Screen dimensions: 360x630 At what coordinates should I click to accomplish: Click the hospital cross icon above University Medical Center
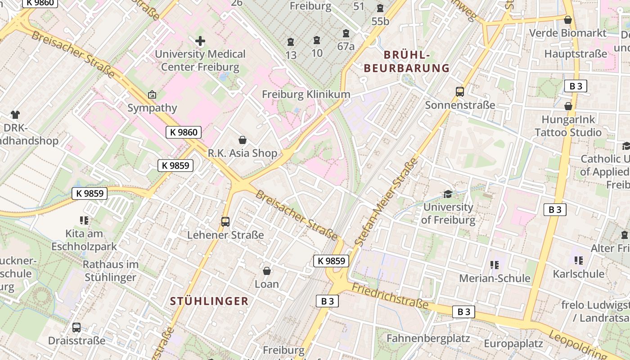(x=200, y=41)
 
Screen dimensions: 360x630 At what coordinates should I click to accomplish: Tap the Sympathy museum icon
(x=152, y=95)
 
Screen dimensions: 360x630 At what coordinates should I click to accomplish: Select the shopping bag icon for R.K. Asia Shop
(x=243, y=140)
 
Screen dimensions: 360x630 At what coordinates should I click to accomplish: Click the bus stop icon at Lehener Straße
(x=225, y=221)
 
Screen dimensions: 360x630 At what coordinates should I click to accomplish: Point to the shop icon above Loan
(x=267, y=271)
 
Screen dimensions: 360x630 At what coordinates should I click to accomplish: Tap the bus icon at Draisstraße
(x=76, y=328)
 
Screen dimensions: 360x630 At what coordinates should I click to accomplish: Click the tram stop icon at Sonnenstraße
(x=459, y=92)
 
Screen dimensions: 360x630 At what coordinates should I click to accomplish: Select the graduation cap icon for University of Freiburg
(x=448, y=194)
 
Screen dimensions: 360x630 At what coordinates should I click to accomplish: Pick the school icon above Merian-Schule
(x=495, y=265)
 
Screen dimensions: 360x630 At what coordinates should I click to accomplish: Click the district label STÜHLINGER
(x=209, y=301)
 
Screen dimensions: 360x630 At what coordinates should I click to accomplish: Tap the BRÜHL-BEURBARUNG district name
(x=407, y=62)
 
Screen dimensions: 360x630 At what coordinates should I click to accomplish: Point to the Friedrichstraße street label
(x=390, y=296)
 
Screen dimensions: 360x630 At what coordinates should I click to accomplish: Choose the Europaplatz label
(x=513, y=344)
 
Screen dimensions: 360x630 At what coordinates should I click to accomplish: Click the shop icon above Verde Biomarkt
(x=568, y=20)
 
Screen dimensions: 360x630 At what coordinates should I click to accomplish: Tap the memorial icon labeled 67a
(x=346, y=33)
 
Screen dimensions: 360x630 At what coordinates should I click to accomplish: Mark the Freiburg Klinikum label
(x=306, y=94)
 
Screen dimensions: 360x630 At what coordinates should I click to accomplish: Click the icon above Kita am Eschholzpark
(x=84, y=220)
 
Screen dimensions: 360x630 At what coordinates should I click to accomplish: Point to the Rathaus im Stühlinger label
(x=110, y=270)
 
